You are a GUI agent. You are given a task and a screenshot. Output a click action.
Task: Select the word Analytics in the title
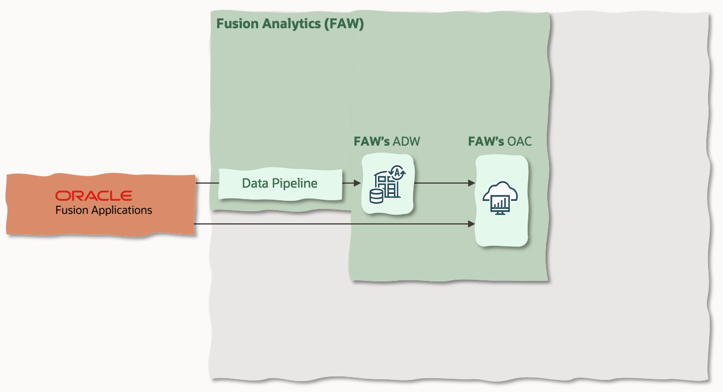pos(282,24)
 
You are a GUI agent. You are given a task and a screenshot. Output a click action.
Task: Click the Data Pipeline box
pos(280,184)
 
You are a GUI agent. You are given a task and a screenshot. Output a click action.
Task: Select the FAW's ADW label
pos(387,142)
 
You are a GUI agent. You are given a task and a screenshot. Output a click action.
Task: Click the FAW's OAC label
pos(499,142)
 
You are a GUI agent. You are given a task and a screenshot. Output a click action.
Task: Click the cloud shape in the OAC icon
pos(499,191)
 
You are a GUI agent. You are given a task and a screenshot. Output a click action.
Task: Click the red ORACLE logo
pos(93,196)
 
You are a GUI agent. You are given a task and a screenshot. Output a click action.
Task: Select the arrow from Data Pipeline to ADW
pos(351,184)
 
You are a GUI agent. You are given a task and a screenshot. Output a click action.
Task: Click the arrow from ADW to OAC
pos(444,183)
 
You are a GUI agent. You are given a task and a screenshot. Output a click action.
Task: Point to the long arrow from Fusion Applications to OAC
pos(334,224)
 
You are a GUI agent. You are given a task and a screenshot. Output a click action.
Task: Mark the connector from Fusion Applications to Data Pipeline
pos(207,184)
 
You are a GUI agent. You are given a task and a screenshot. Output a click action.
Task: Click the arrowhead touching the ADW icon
pos(358,184)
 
